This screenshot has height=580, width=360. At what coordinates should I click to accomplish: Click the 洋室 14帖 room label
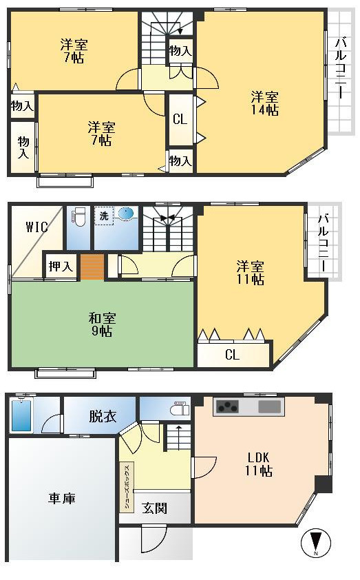pyautogui.click(x=264, y=103)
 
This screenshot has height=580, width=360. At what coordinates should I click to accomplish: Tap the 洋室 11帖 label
pyautogui.click(x=251, y=273)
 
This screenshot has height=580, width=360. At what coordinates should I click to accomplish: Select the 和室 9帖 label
pyautogui.click(x=102, y=324)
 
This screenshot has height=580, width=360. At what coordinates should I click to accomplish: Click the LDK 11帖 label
pyautogui.click(x=259, y=465)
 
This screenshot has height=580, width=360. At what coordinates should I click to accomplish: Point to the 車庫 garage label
pyautogui.click(x=61, y=498)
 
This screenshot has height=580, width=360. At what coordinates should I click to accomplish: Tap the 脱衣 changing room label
pyautogui.click(x=102, y=417)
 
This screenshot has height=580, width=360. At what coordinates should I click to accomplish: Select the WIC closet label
pyautogui.click(x=36, y=227)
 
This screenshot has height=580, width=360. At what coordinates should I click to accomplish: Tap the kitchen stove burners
pyautogui.click(x=226, y=407)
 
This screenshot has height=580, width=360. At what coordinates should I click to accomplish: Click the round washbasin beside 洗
pyautogui.click(x=127, y=214)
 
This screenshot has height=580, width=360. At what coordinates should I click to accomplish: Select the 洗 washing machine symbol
pyautogui.click(x=104, y=216)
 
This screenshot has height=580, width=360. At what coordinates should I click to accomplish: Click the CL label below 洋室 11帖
pyautogui.click(x=232, y=355)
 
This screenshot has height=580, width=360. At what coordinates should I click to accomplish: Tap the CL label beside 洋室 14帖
pyautogui.click(x=180, y=119)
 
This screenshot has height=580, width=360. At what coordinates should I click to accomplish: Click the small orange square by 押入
pyautogui.click(x=92, y=266)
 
